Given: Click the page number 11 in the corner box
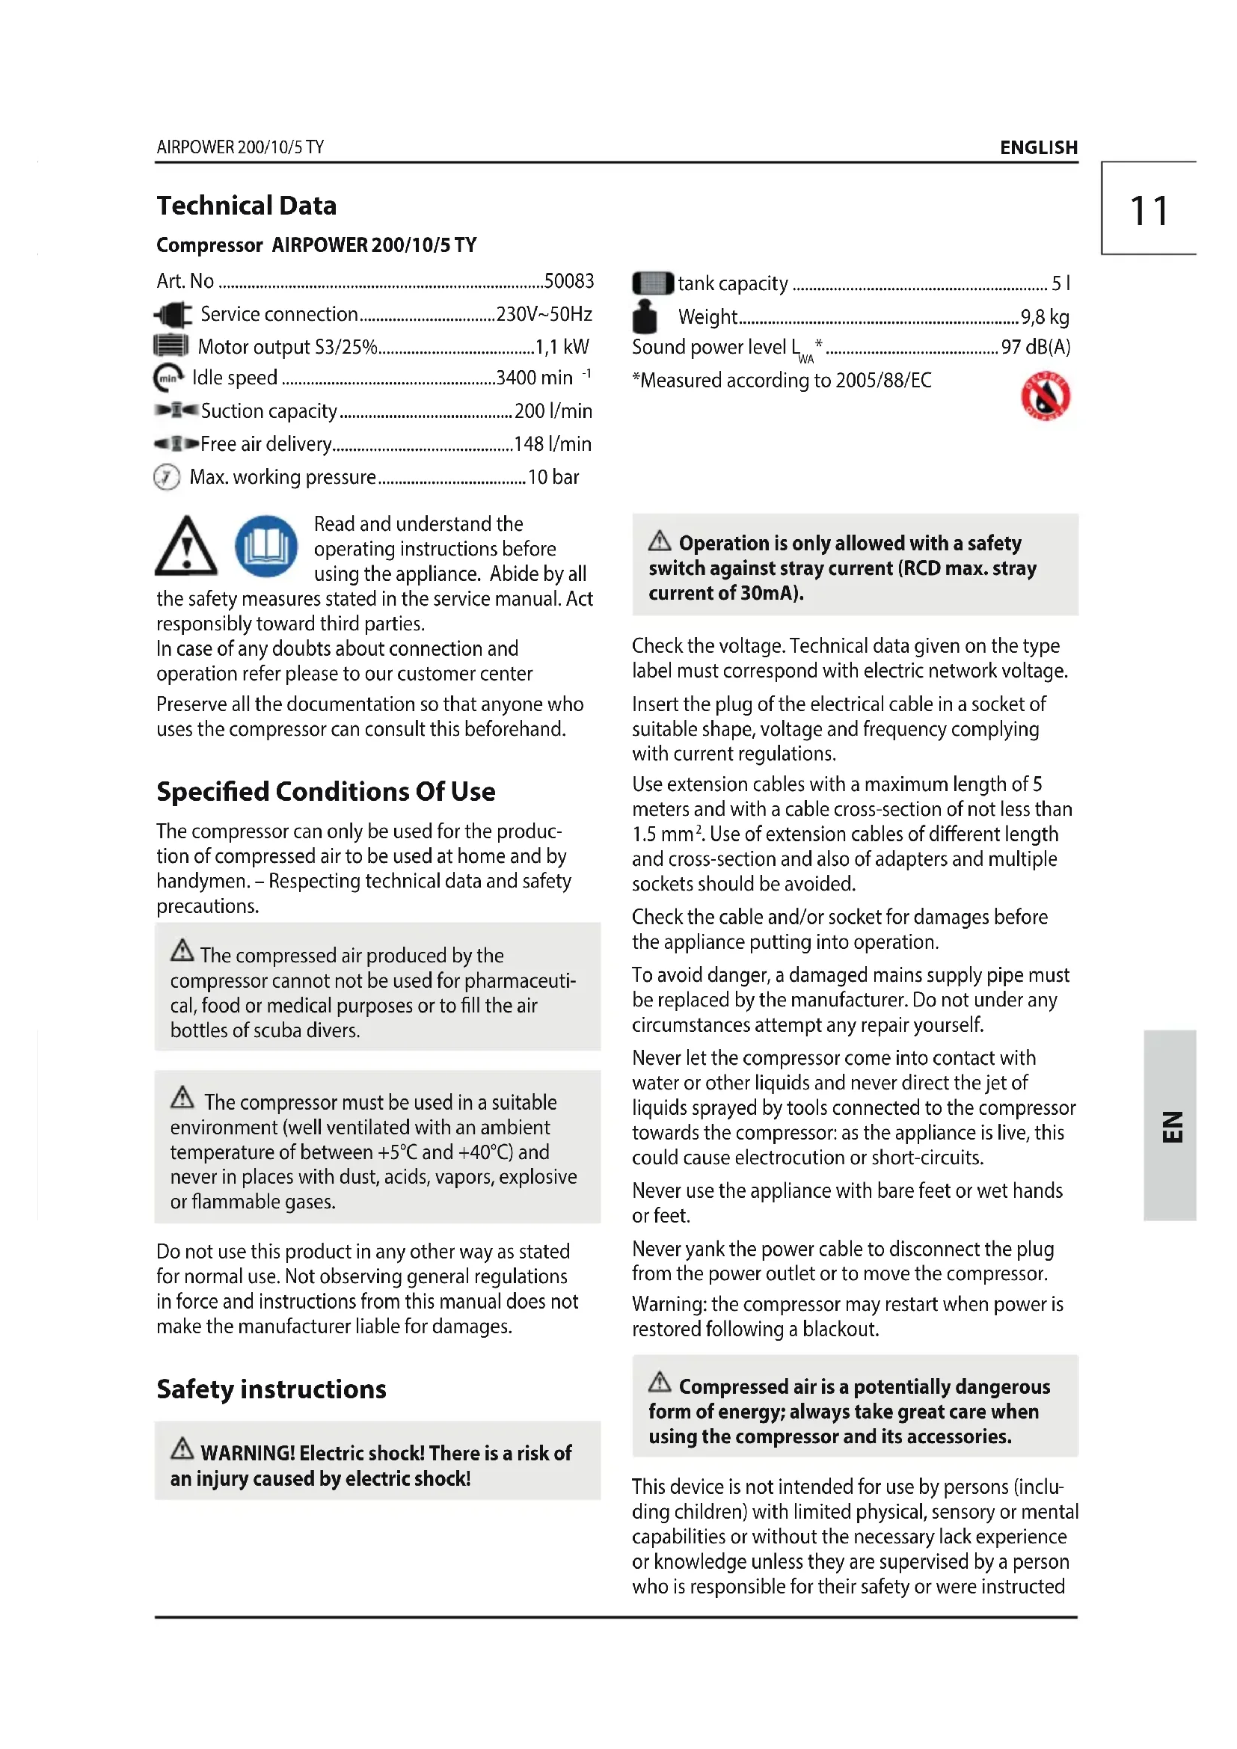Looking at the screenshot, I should point(1148,211).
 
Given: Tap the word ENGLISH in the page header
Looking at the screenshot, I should point(1038,147).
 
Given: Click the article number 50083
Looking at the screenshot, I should point(569,281).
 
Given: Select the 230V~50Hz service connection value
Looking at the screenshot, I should point(544,314).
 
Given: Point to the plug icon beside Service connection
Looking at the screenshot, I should point(174,314).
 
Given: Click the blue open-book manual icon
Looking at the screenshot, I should point(265,546).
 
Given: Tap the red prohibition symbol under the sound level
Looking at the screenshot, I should point(1045,396).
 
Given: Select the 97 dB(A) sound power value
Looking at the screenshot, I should point(1035,348).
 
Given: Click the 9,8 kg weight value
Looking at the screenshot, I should point(1044,317).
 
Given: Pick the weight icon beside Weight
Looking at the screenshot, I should point(645,316).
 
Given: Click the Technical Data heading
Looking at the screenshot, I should point(246,206).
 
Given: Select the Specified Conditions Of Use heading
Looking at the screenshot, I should point(325,791).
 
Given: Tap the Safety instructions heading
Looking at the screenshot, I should point(271,1389).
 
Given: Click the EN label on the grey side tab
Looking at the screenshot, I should point(1172,1126).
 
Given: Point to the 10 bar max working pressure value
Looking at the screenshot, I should point(553,477).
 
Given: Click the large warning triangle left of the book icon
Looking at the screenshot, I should point(186,546).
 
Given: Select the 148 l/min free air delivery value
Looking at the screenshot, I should point(552,444).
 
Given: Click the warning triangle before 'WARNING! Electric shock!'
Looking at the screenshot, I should point(182,1448).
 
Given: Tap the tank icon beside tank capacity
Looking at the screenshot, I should point(653,283).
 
